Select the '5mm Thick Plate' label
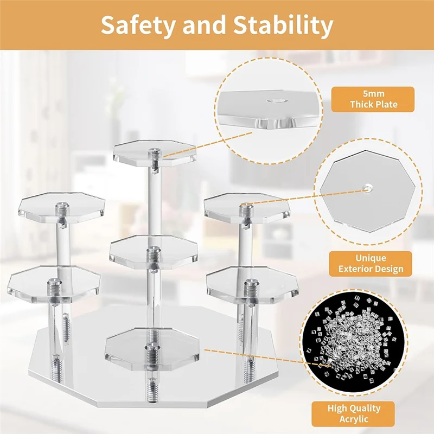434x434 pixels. point(373,99)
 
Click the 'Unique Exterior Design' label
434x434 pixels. point(371,264)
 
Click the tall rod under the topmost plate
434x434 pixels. point(152,201)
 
